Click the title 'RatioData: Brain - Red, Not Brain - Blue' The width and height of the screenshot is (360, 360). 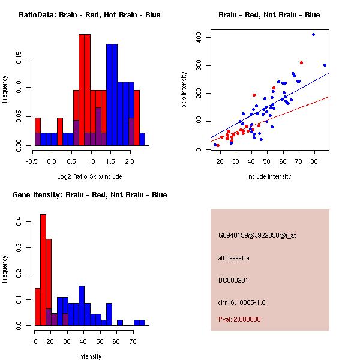click(89, 15)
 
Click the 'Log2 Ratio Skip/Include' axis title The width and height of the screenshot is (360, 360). click(89, 176)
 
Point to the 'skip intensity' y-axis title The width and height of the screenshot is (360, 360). click(184, 90)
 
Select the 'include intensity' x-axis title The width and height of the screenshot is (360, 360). click(269, 176)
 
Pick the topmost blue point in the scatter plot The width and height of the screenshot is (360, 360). click(313, 35)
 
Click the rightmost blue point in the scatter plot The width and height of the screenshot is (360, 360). click(325, 65)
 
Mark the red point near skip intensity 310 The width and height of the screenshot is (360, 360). click(301, 62)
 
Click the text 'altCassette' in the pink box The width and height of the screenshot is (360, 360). click(233, 258)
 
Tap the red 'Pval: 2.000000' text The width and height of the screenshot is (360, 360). click(239, 319)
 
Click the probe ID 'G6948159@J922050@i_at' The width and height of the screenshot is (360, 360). click(257, 235)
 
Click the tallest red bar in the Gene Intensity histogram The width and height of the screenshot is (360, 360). click(43, 270)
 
